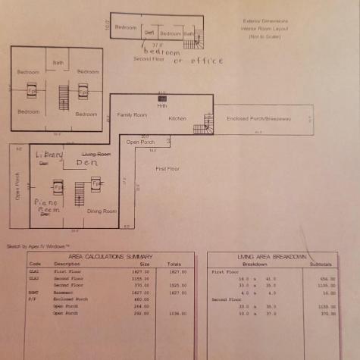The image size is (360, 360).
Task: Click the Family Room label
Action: (132, 114)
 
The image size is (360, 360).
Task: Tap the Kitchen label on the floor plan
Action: (177, 119)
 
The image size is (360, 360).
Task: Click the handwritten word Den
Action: (88, 163)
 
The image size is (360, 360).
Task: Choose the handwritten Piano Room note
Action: (47, 206)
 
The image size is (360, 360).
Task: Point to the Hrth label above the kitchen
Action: (161, 105)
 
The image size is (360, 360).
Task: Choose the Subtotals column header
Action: (316, 264)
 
